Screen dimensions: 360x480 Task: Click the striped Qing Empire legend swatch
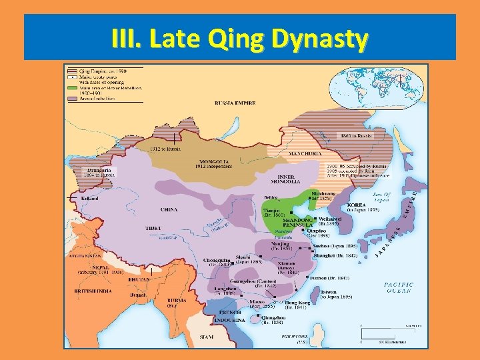click(73, 70)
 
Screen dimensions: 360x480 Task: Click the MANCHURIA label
click(305, 154)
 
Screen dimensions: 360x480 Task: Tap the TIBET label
click(153, 228)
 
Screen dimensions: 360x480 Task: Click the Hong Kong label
click(298, 303)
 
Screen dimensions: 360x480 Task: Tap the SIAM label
click(207, 337)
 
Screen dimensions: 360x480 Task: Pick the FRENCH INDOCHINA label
click(231, 316)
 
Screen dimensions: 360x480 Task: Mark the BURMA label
click(177, 301)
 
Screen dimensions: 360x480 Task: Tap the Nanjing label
click(280, 244)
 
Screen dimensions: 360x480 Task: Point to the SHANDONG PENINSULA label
click(293, 221)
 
